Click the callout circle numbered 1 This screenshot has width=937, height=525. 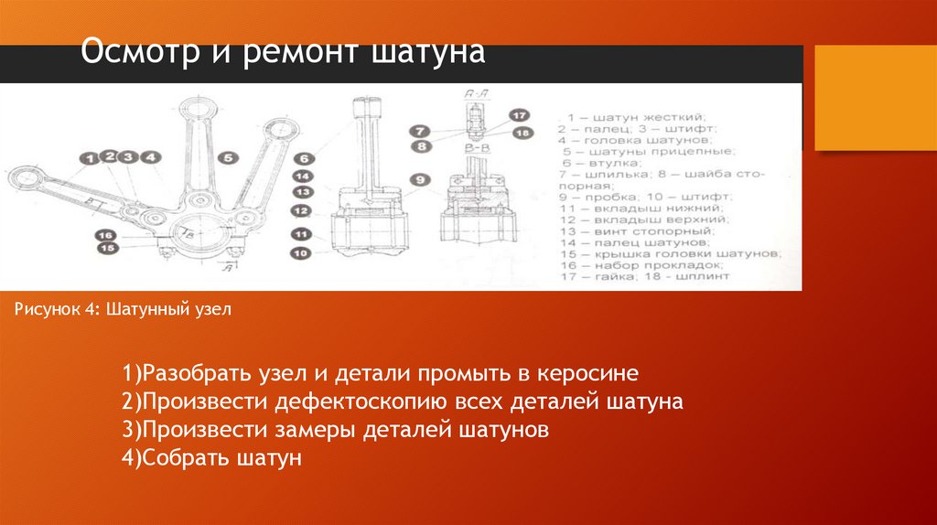[x=89, y=159]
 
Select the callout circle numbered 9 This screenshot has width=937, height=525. [x=418, y=179]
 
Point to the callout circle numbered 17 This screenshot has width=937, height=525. [x=519, y=116]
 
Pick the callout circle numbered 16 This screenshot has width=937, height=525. [x=107, y=235]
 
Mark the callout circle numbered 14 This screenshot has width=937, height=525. [x=301, y=176]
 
